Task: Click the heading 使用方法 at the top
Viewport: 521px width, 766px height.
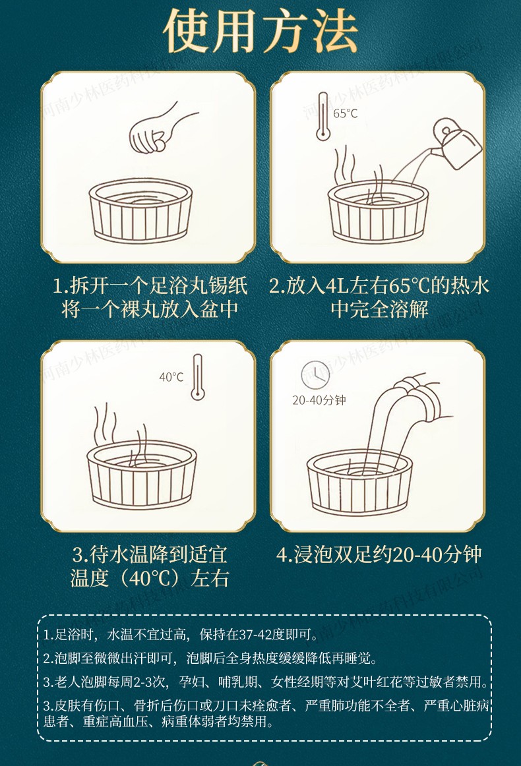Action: pos(260,31)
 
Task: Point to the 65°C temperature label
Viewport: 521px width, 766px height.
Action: pos(345,113)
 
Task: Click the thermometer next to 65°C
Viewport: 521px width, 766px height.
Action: pos(322,117)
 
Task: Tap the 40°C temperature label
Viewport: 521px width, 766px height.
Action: pos(171,377)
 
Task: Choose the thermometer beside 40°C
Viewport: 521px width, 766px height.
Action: pos(197,376)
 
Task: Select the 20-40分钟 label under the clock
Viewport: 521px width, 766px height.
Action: pos(319,400)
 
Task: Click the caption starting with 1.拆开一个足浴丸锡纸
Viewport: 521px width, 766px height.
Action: pos(150,287)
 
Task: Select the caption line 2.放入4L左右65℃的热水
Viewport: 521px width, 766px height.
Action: pos(379,287)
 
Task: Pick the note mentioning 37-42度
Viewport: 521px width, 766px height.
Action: pos(180,635)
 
